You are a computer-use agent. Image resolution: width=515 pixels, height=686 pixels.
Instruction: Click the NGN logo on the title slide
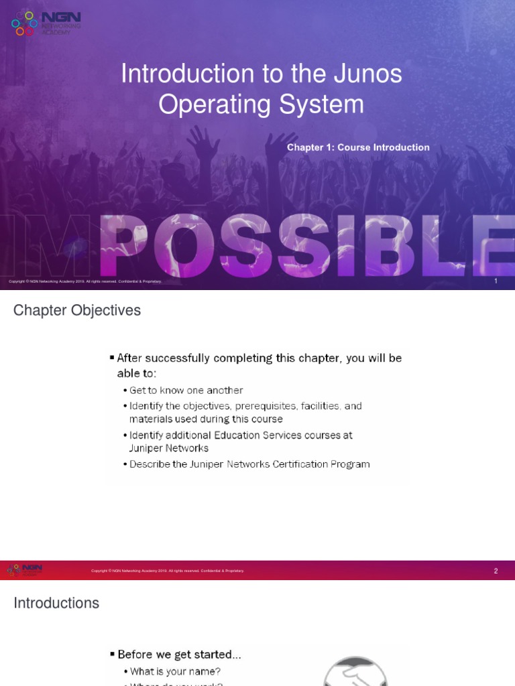pos(46,23)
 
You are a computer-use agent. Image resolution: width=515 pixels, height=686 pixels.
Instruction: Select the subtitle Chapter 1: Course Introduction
pos(358,147)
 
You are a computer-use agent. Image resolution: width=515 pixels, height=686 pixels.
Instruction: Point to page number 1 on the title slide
pos(496,281)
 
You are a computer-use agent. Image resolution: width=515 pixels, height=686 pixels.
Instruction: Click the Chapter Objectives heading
pos(77,311)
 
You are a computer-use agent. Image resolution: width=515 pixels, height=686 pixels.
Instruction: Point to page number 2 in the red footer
pos(496,571)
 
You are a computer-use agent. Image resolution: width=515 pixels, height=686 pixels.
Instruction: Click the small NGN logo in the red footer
pos(24,570)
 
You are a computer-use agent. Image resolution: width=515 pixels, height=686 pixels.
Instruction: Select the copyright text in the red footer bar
pos(168,571)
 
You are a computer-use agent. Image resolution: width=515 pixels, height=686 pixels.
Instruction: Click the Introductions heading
pos(56,603)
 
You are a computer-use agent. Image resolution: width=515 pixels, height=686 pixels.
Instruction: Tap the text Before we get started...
pos(179,654)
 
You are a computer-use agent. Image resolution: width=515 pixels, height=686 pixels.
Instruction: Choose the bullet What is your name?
pos(175,671)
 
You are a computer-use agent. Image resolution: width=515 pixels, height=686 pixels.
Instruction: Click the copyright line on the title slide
pos(85,281)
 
